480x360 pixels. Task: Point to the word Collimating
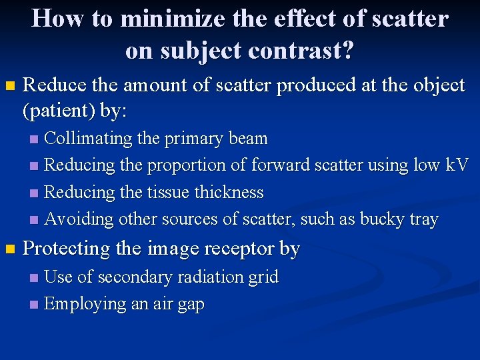coord(88,139)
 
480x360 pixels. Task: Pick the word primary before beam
coord(197,139)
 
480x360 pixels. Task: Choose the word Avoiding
coord(79,219)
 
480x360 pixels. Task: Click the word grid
coord(265,277)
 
